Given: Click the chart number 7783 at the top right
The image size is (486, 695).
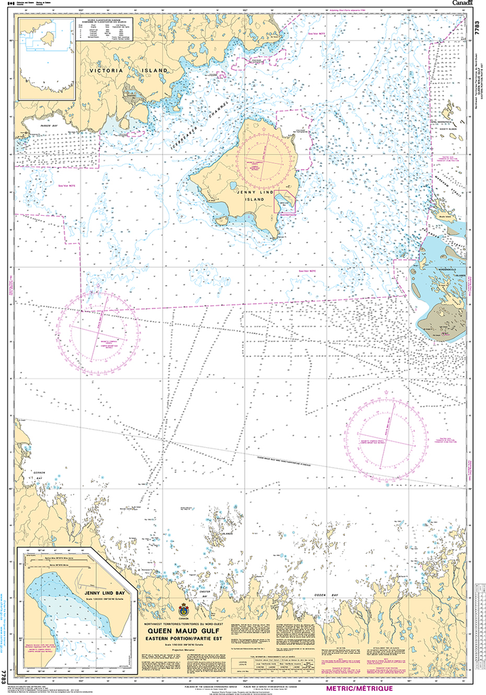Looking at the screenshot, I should click(479, 29).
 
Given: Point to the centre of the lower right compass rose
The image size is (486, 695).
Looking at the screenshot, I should click(386, 434).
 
